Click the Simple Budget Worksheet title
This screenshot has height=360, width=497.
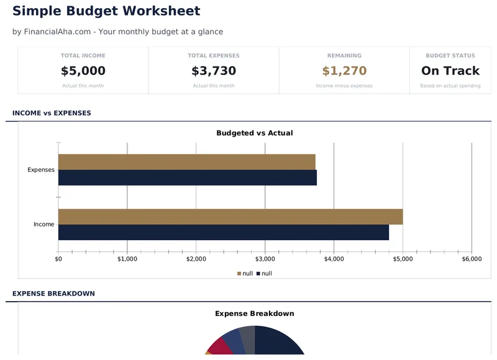tap(106, 11)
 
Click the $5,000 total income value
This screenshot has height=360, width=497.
tap(83, 71)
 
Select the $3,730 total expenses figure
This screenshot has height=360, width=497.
tap(214, 71)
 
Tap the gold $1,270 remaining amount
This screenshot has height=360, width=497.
tap(344, 71)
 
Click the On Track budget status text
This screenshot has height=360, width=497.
tap(450, 71)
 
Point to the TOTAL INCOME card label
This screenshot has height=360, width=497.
tap(83, 56)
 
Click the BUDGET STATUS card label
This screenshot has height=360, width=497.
tap(450, 56)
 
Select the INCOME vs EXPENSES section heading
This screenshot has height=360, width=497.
tap(52, 113)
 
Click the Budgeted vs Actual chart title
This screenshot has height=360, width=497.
tap(254, 133)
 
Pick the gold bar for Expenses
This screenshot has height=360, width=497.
tap(186, 162)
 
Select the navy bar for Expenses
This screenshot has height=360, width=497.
tap(186, 178)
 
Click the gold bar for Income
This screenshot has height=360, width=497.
tap(230, 217)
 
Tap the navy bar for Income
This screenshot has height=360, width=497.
tap(224, 232)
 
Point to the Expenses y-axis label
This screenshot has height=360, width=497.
tap(41, 169)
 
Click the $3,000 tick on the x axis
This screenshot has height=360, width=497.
tap(265, 259)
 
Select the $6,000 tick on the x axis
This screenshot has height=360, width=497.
tap(472, 259)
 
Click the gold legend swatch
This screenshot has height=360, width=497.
tap(239, 274)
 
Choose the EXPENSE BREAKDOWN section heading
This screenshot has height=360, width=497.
tap(53, 293)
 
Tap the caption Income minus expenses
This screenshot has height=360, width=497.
tap(344, 86)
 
